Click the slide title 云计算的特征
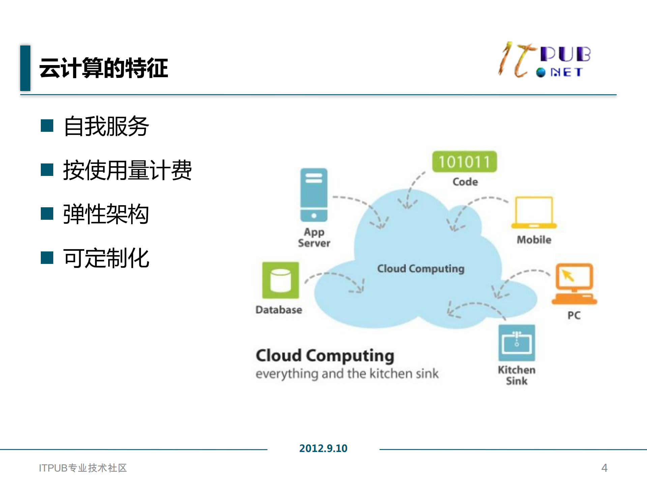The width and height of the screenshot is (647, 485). (x=104, y=68)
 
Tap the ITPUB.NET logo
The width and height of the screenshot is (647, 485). (x=544, y=60)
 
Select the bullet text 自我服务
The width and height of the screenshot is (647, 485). (x=106, y=126)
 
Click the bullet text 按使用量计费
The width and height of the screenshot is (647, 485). (x=127, y=170)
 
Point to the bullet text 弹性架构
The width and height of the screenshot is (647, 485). (x=106, y=214)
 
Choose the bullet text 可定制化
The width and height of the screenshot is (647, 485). (x=106, y=258)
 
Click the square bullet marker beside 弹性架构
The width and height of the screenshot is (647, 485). (x=47, y=214)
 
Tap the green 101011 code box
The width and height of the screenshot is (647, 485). (x=464, y=162)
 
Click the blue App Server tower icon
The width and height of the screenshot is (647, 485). (x=314, y=195)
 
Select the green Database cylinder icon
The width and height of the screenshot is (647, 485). (x=281, y=280)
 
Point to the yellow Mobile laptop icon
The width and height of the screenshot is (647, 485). (x=534, y=213)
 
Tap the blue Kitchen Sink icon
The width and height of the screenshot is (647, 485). (x=517, y=343)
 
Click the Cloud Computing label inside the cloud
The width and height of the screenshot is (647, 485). (x=420, y=269)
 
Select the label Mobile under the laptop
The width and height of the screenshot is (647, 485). (x=534, y=240)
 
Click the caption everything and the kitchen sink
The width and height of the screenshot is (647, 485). (x=347, y=373)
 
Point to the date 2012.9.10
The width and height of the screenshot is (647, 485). (x=323, y=448)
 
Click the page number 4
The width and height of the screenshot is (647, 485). (x=604, y=468)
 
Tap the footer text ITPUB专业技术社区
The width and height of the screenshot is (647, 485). (x=83, y=468)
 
